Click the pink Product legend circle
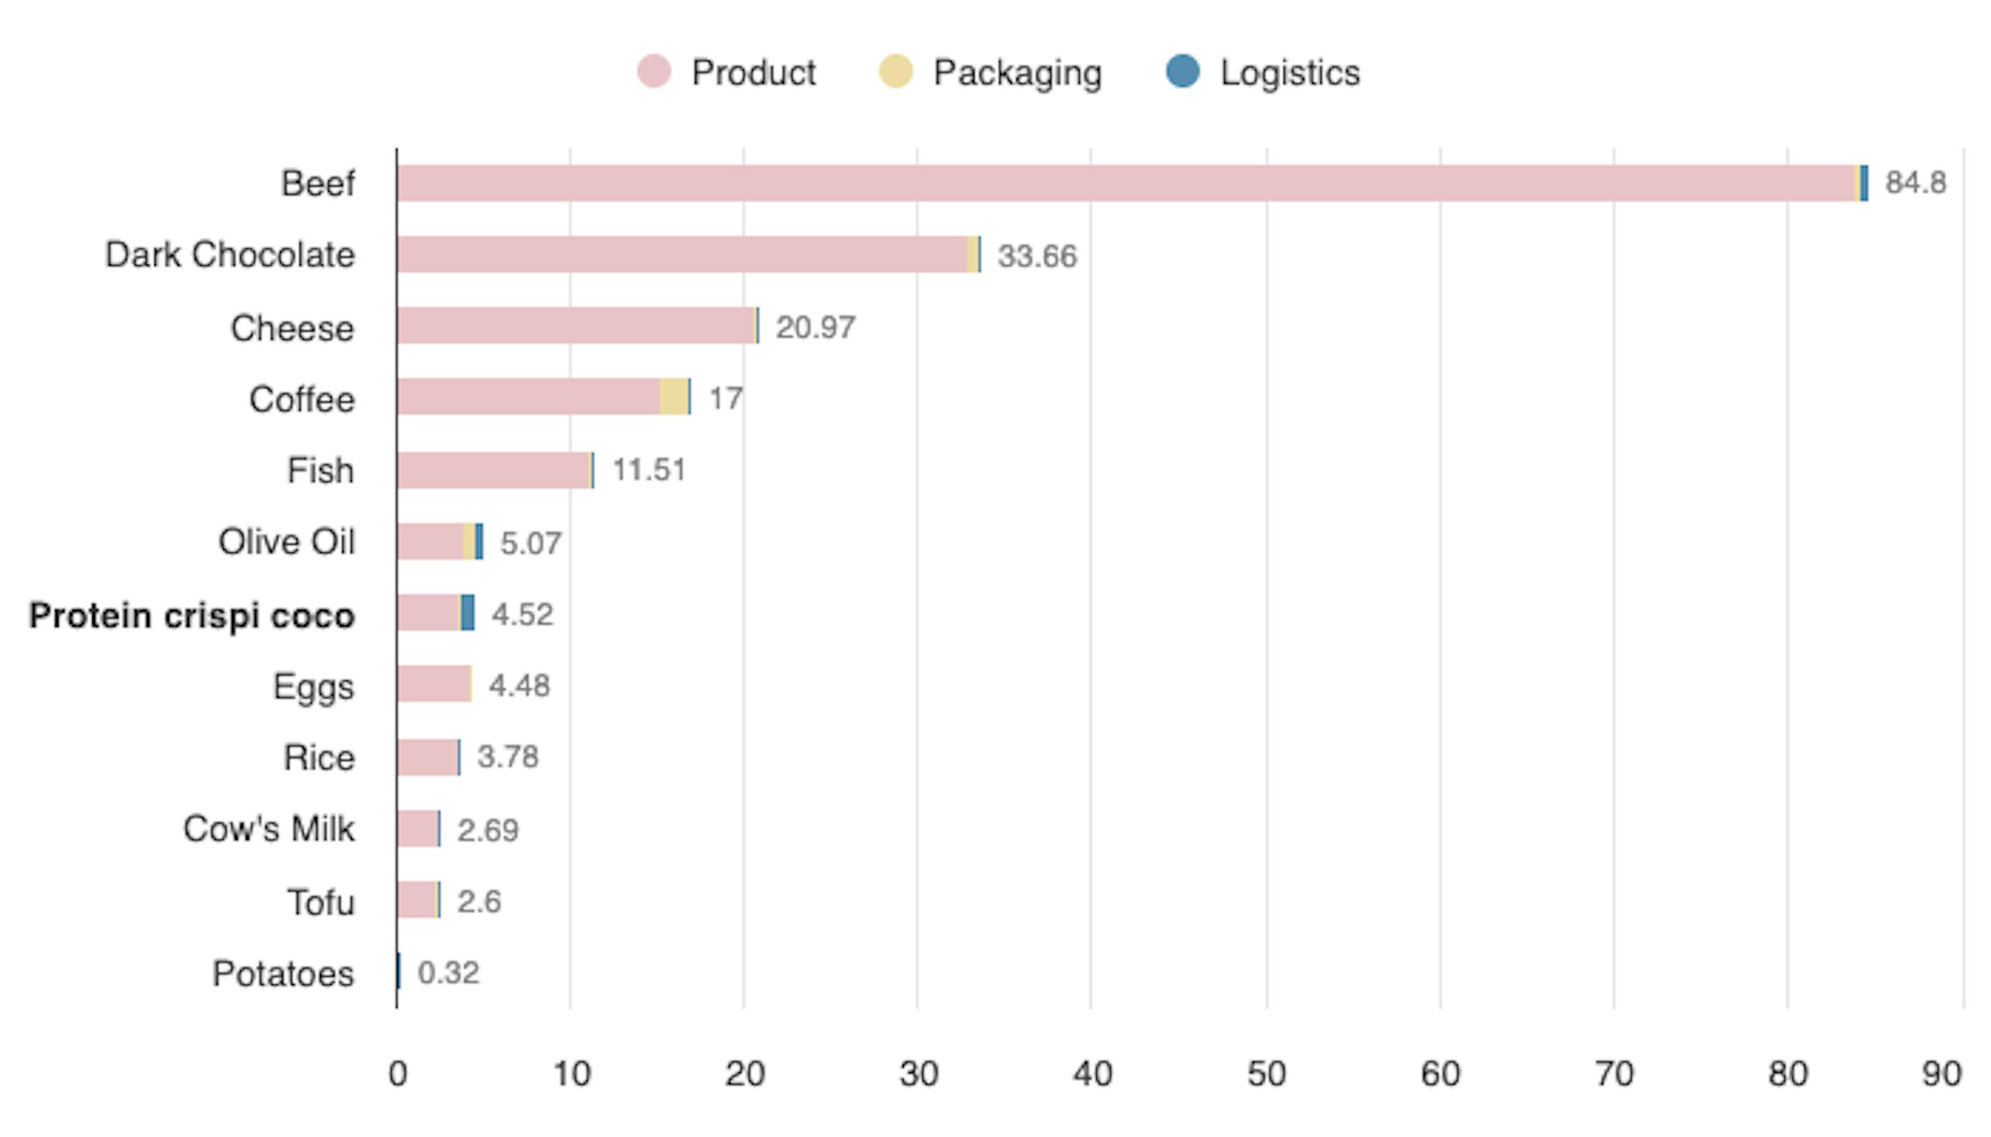[653, 72]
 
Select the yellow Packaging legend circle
[895, 72]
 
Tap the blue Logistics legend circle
[1182, 72]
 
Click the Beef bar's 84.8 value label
[1915, 182]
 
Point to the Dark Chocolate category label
[230, 255]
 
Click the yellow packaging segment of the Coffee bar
[674, 397]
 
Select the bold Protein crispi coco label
[192, 616]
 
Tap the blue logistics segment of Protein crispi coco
[467, 612]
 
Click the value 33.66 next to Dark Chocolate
[1037, 256]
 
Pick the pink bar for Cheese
[575, 326]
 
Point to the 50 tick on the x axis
[1266, 1075]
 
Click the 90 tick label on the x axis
[1941, 1075]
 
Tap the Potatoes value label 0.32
[449, 973]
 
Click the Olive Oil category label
[286, 542]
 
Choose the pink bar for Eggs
[433, 684]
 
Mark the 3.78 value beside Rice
[508, 757]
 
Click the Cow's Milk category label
[269, 829]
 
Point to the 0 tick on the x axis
[398, 1075]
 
